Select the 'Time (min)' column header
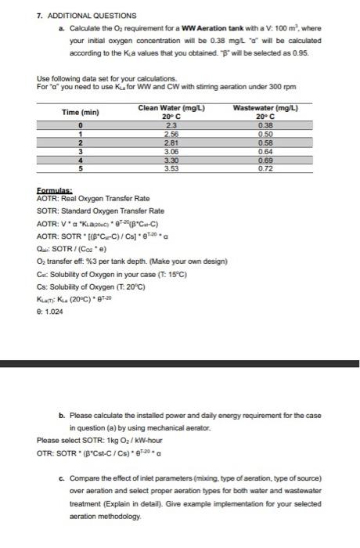tap(80, 112)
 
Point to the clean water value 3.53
tap(169, 167)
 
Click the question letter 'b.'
tap(63, 416)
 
